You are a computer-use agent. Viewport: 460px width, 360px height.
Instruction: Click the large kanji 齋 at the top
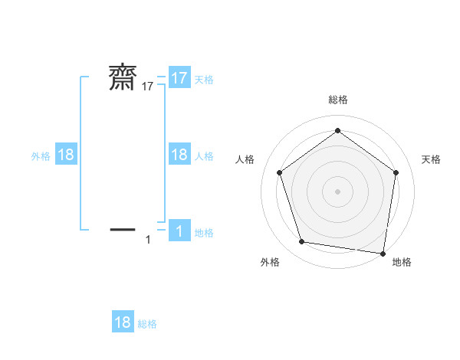(x=123, y=78)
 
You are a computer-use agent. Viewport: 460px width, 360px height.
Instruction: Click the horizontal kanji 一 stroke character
(x=123, y=229)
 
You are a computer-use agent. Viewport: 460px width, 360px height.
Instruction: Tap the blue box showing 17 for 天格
(x=179, y=78)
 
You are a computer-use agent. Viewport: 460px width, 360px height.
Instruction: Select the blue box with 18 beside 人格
(x=179, y=155)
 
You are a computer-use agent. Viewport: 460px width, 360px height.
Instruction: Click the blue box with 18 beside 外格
(x=66, y=155)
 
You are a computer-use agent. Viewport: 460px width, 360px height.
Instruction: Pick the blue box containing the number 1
(x=179, y=231)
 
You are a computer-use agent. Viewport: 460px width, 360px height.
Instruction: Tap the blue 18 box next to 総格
(x=123, y=322)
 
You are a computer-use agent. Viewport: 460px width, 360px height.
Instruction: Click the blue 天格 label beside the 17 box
(x=204, y=79)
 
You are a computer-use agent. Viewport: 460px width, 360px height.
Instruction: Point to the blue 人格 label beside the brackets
(x=204, y=155)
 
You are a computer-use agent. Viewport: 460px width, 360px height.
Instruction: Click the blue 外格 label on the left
(x=41, y=155)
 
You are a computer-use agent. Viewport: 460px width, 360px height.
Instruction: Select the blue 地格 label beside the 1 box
(x=204, y=233)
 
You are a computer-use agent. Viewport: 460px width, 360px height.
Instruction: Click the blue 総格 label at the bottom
(x=147, y=324)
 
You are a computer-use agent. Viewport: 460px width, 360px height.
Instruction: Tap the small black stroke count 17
(x=148, y=87)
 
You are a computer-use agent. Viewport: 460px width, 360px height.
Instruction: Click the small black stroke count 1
(x=148, y=240)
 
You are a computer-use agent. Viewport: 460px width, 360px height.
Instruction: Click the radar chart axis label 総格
(x=337, y=100)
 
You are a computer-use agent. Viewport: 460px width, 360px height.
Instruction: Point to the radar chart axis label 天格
(x=431, y=159)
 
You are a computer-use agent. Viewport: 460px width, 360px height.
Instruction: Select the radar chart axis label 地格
(x=402, y=262)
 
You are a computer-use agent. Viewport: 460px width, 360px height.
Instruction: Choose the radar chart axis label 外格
(x=270, y=262)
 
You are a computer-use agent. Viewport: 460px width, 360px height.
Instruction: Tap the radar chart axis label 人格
(x=245, y=159)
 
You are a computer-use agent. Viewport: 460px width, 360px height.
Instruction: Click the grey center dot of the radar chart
(x=337, y=191)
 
